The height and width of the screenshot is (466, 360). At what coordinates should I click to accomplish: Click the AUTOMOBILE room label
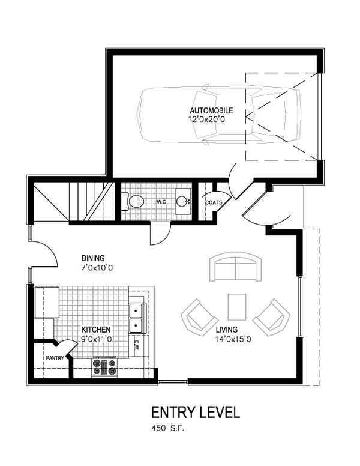click(211, 111)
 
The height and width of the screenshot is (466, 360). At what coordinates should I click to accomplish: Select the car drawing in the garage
click(219, 116)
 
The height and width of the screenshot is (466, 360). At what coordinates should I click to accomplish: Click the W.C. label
click(161, 202)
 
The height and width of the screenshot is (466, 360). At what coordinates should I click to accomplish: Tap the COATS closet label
click(214, 203)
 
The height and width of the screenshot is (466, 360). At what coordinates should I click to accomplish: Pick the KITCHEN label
click(96, 330)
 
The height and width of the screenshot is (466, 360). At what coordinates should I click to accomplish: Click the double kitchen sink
click(137, 318)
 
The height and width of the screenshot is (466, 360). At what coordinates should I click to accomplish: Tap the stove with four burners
click(106, 366)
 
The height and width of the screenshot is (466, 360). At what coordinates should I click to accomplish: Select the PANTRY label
click(54, 358)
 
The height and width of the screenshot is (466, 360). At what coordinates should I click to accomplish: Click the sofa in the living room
click(236, 268)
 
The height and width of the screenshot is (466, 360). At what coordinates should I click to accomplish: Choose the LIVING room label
click(228, 329)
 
